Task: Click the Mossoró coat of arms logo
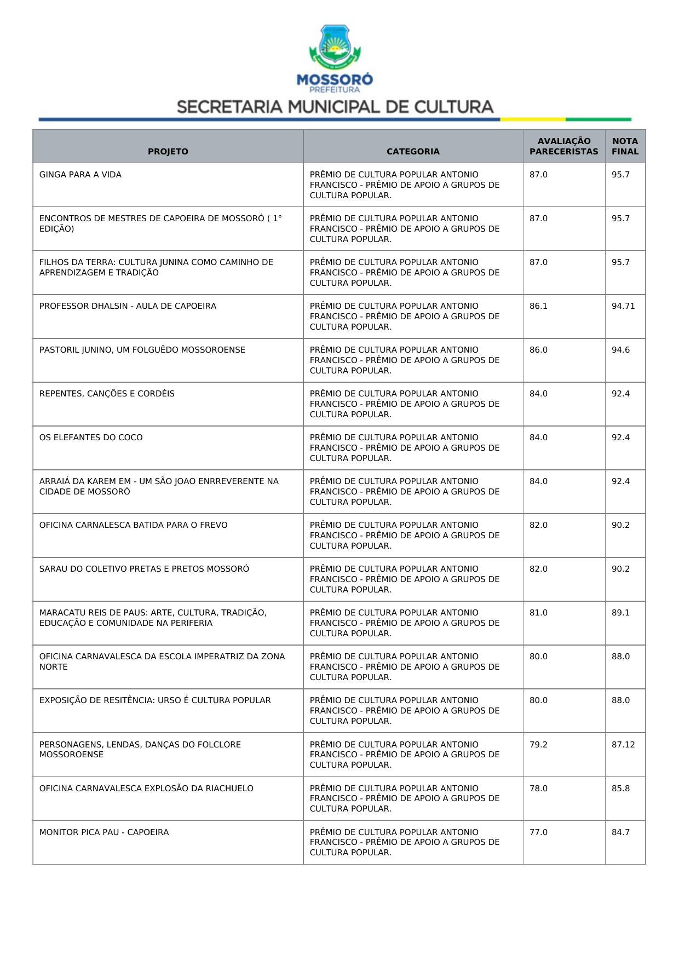[335, 47]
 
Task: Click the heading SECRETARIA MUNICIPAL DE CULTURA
[335, 107]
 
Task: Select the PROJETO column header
[168, 152]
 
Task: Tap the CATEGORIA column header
[413, 152]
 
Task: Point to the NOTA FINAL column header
[625, 146]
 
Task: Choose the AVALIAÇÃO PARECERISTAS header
[563, 146]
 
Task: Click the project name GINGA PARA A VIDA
[80, 175]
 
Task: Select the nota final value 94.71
[623, 306]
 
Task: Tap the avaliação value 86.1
[538, 306]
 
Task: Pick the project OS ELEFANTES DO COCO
[91, 438]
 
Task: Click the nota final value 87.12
[623, 745]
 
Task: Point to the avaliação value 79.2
[538, 745]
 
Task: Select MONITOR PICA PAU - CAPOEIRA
[104, 832]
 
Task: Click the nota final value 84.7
[620, 832]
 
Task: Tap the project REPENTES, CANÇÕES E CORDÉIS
[107, 394]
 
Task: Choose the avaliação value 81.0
[538, 613]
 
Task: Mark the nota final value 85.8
[620, 789]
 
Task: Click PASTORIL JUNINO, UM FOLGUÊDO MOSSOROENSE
[142, 350]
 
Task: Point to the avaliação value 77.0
[538, 832]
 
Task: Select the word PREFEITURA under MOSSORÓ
[335, 90]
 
